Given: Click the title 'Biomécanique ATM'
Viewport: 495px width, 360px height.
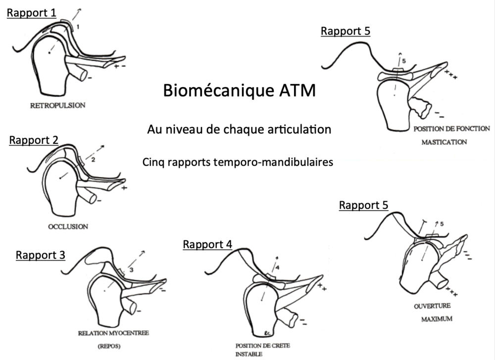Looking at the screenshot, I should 239,91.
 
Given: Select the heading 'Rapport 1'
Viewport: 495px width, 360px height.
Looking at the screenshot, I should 31,13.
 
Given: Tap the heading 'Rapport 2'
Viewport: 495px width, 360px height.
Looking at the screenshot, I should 34,140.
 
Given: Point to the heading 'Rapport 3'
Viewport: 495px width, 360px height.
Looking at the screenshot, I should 41,255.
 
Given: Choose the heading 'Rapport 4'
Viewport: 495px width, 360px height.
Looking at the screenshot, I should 207,244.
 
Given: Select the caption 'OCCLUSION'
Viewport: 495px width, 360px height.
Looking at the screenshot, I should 69,227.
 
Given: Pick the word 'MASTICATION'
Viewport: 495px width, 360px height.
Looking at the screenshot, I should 444,142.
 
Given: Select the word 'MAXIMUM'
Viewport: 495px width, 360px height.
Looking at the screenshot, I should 437,319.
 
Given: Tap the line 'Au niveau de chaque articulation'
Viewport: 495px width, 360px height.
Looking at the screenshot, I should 239,130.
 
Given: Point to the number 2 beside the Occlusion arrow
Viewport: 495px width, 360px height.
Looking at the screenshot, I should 93,159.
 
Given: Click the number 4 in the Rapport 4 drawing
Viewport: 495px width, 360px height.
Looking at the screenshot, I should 278,268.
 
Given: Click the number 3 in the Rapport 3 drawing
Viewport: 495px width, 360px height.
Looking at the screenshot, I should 132,270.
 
